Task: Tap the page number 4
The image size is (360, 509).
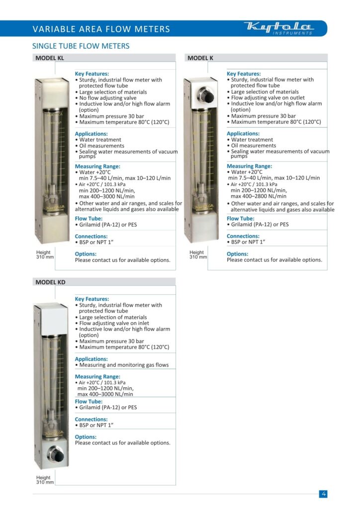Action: [x=323, y=494]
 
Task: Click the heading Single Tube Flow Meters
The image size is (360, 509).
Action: [x=81, y=46]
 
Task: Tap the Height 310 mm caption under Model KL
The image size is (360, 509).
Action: [x=45, y=255]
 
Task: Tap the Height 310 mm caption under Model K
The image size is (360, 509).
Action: [x=198, y=255]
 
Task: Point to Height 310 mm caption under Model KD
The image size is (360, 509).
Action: [x=45, y=480]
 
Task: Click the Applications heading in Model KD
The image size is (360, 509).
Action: [x=91, y=359]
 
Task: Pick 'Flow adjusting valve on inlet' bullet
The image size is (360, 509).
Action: [x=114, y=323]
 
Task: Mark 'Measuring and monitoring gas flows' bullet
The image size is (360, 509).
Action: [x=122, y=365]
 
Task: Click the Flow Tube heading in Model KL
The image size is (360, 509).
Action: [x=88, y=219]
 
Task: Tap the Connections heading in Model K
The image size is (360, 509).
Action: [x=243, y=236]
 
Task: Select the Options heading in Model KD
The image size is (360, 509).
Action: [x=86, y=437]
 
